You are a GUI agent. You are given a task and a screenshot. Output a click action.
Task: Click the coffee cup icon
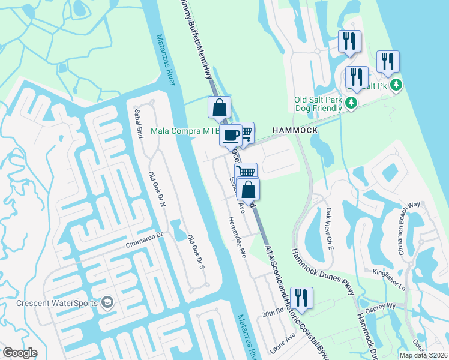point(231,135)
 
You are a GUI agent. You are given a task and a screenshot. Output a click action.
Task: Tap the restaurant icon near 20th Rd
point(301,298)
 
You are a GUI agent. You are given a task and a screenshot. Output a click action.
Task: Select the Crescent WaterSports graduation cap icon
point(107,302)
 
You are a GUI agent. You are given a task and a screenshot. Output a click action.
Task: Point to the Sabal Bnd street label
point(140,126)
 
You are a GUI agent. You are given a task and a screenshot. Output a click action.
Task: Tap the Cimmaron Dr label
point(145,239)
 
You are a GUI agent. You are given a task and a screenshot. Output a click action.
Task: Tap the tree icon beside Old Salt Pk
point(396,86)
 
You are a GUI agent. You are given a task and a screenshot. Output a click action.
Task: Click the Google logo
point(20,353)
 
